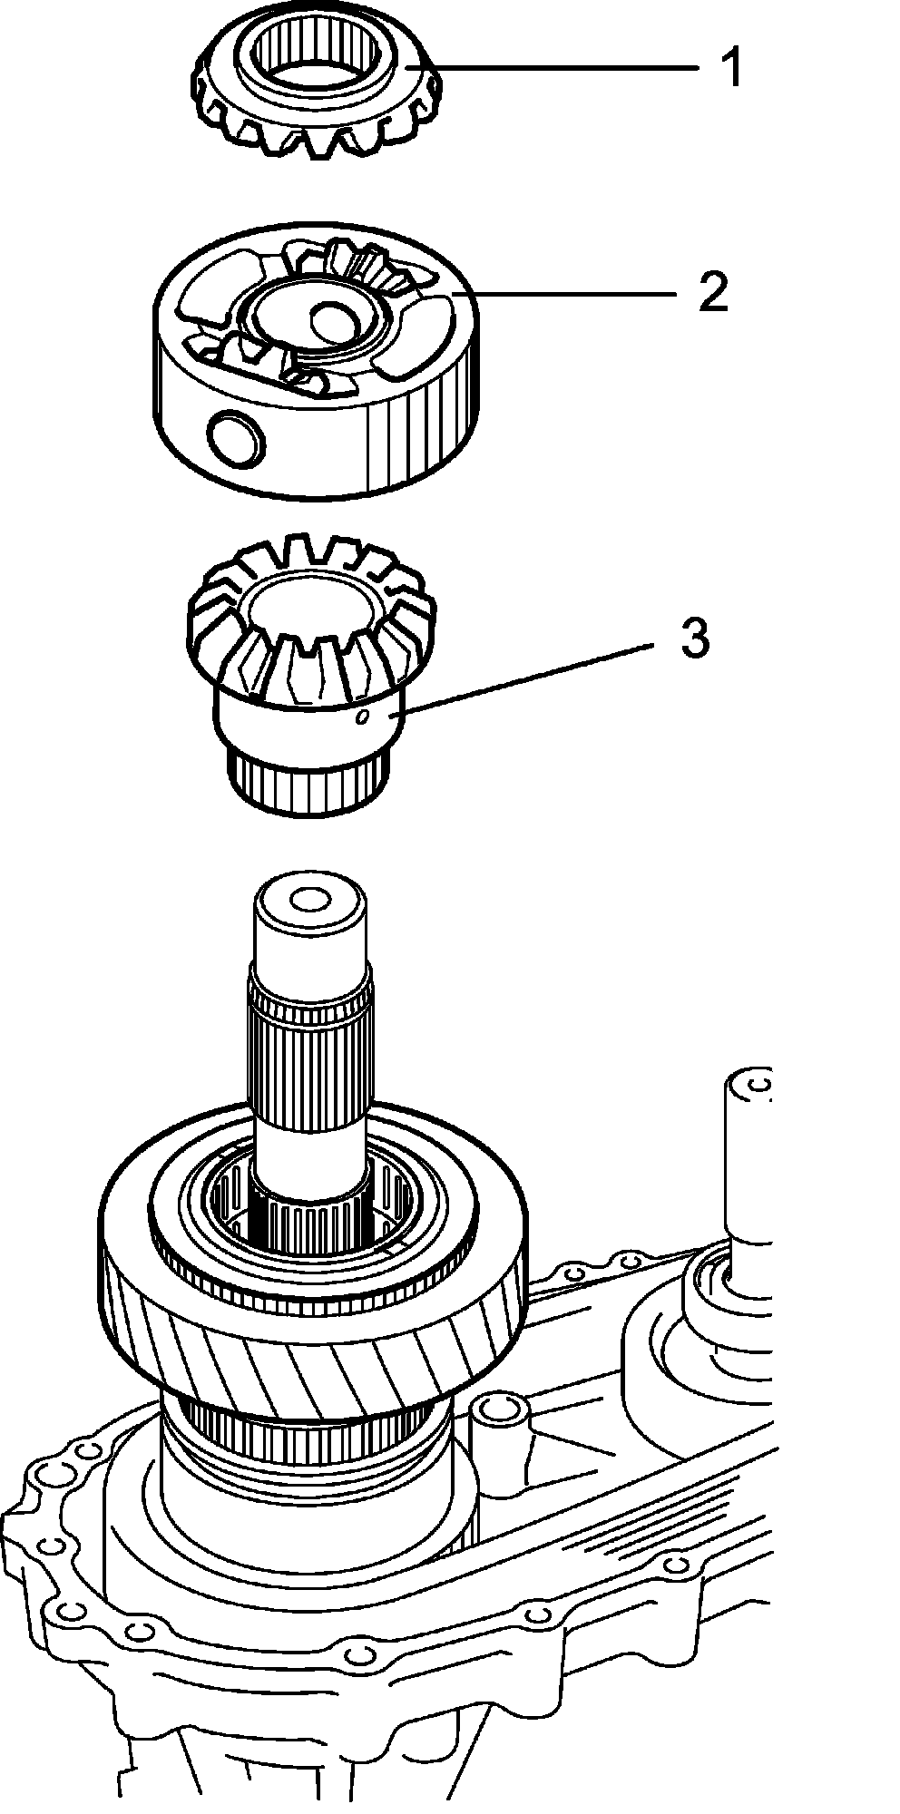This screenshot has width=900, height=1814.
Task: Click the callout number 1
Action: (x=731, y=69)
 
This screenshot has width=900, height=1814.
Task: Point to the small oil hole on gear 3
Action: (x=362, y=718)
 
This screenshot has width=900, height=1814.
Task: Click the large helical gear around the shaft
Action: (x=313, y=1342)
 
